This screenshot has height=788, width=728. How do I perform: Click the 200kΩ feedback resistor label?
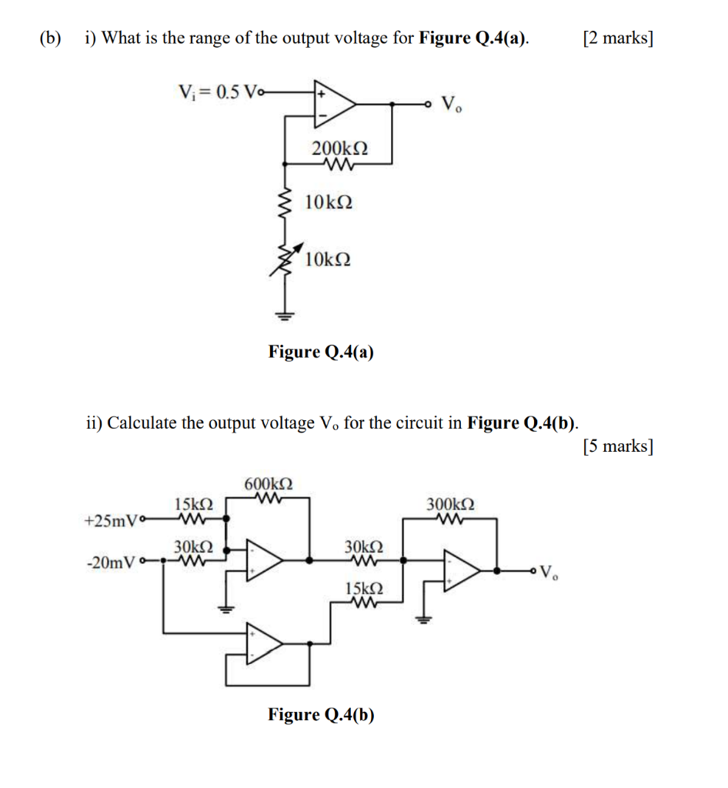[x=339, y=148]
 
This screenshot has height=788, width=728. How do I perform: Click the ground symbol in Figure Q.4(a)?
[x=287, y=313]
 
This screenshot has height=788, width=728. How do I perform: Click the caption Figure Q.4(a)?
[x=321, y=352]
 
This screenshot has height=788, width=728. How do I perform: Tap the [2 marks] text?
[x=618, y=38]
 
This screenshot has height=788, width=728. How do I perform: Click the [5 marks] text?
[x=618, y=446]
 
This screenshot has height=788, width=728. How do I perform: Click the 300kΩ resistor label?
[x=450, y=505]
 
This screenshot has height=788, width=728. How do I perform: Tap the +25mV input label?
[x=109, y=521]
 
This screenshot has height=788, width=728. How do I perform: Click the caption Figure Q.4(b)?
[x=321, y=715]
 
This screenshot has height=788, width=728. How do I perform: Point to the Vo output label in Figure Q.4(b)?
[x=549, y=573]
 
